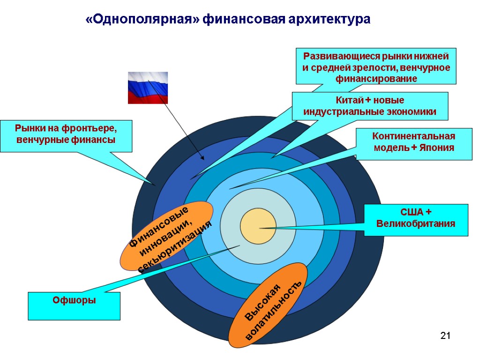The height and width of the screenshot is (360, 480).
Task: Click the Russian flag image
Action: pyautogui.click(x=148, y=88)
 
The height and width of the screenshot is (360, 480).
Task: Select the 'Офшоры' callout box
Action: pyautogui.click(x=74, y=306)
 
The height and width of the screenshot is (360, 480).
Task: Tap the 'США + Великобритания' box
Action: pyautogui.click(x=416, y=219)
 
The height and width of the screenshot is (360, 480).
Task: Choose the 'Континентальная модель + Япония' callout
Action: pyautogui.click(x=413, y=142)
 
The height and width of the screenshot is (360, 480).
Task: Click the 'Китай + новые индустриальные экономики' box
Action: pyautogui.click(x=370, y=106)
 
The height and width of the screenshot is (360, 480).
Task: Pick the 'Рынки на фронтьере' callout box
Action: pyautogui.click(x=66, y=135)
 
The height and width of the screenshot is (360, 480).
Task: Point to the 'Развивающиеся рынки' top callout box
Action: pyautogui.click(x=376, y=66)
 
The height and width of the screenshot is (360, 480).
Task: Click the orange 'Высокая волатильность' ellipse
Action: pyautogui.click(x=268, y=302)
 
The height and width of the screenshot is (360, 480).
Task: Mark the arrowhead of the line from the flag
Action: pyautogui.click(x=202, y=157)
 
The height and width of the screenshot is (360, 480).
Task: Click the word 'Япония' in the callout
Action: pyautogui.click(x=437, y=148)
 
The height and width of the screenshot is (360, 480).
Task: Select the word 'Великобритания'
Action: pyautogui.click(x=416, y=224)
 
